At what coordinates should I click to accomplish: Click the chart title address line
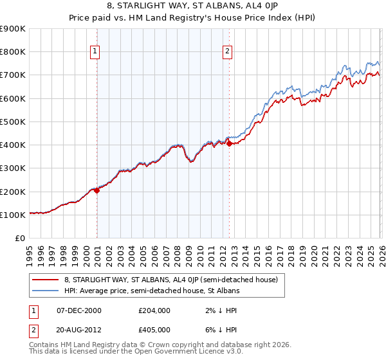(x=193, y=6)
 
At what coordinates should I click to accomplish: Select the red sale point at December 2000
(x=97, y=190)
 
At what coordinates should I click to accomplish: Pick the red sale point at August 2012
(x=230, y=144)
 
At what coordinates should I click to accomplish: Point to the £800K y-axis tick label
(x=13, y=52)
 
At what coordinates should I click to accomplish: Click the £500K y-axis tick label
(x=13, y=122)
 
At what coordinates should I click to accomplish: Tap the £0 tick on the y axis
(x=20, y=238)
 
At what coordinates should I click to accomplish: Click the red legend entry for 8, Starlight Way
(x=170, y=280)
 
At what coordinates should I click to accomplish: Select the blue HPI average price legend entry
(x=152, y=291)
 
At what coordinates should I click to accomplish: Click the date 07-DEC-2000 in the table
(x=79, y=310)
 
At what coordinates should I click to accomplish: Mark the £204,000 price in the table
(x=154, y=310)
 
